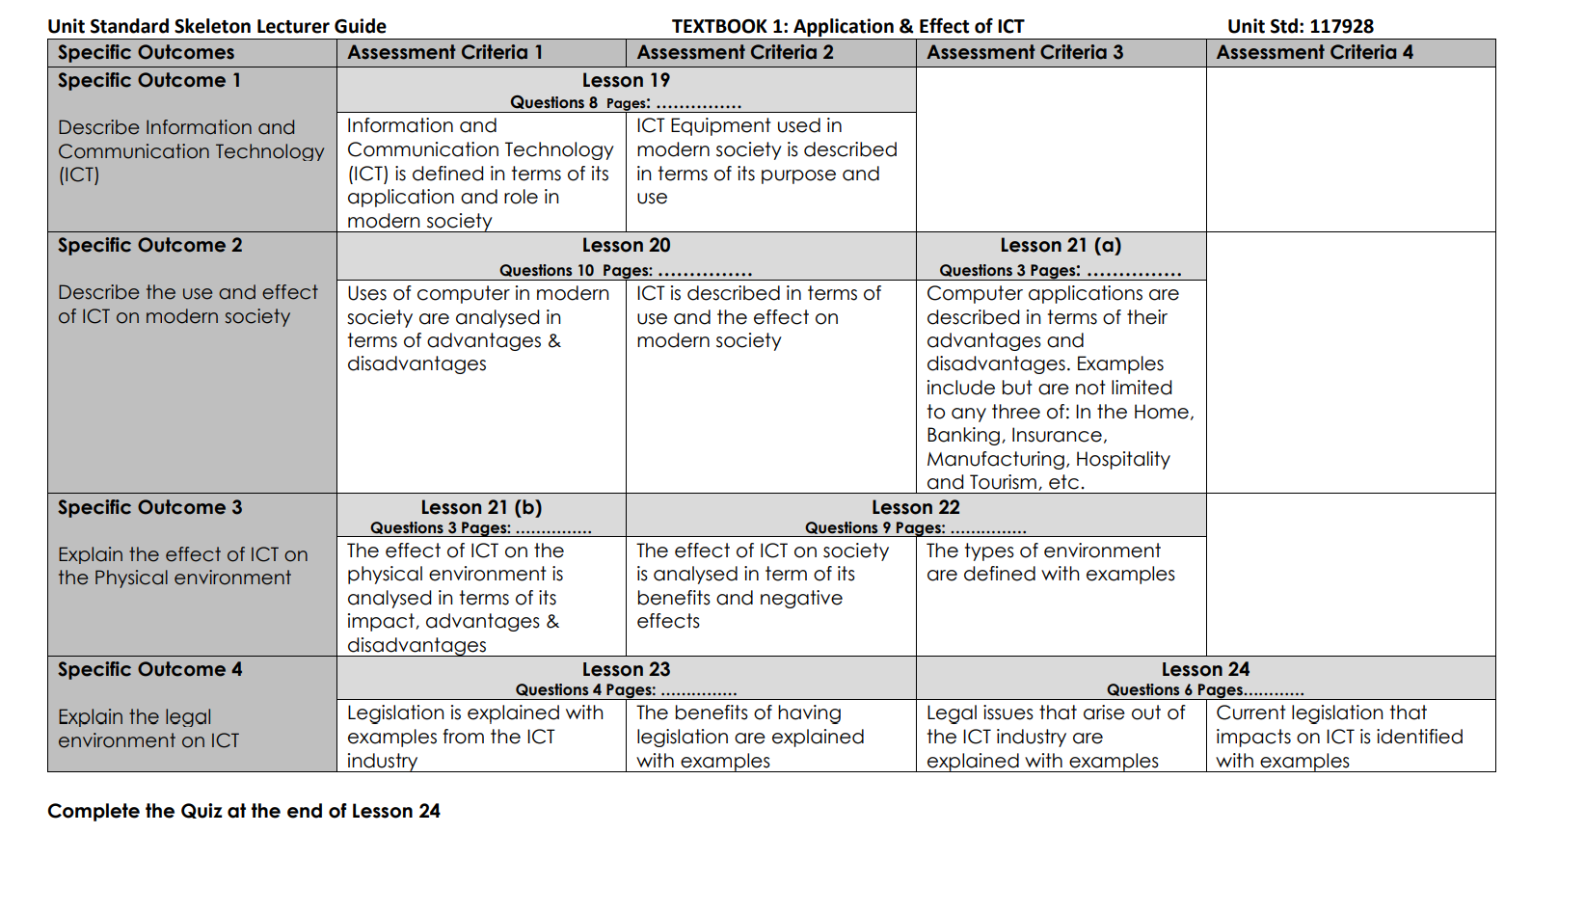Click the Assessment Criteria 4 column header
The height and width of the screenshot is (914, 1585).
(x=1314, y=53)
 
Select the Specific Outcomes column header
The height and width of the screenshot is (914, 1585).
(x=146, y=53)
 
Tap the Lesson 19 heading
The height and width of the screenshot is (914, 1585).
(x=626, y=81)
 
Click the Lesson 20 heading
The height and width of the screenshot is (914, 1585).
(x=626, y=246)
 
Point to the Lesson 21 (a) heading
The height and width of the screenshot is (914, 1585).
(x=1061, y=246)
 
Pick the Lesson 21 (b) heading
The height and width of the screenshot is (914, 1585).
(x=481, y=508)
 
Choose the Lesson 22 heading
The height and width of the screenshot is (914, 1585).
(x=915, y=508)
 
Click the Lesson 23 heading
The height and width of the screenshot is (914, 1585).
(x=626, y=670)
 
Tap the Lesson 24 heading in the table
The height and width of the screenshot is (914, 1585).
(x=1205, y=670)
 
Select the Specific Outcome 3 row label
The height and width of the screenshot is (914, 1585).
(x=149, y=508)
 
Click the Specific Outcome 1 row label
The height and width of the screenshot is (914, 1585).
(x=148, y=81)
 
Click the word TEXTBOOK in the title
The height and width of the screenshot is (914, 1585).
(x=717, y=27)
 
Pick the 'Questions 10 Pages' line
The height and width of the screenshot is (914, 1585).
(x=626, y=271)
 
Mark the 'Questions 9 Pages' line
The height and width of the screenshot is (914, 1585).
(x=915, y=528)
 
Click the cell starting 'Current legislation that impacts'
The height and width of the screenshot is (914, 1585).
(x=1339, y=737)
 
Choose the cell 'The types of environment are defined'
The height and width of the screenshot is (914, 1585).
(x=1050, y=563)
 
